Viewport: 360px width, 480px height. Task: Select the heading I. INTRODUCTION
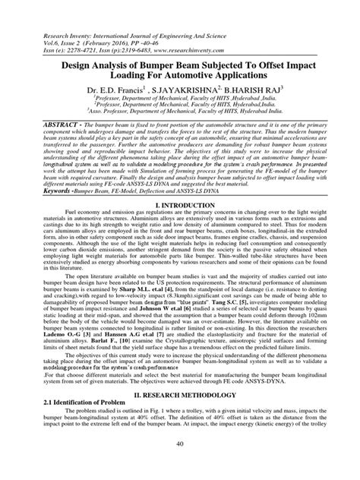coord(180,204)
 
